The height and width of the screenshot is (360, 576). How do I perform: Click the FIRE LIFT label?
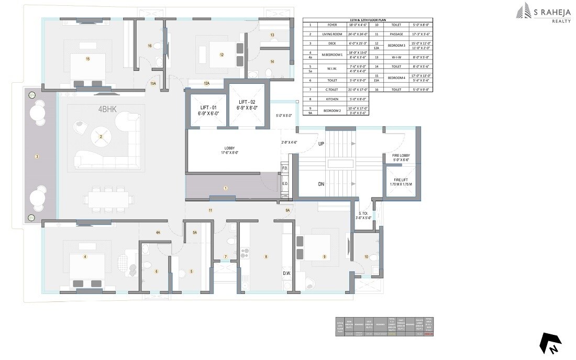[x=401, y=181]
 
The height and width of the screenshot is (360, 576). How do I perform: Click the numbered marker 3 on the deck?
[x=37, y=156]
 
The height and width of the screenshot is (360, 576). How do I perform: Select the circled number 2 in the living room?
[x=101, y=137]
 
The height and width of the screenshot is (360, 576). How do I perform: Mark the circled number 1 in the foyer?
[x=226, y=188]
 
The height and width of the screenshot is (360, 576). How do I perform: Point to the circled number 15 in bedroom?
[x=88, y=59]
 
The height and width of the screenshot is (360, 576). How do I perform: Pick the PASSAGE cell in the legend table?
[x=396, y=34]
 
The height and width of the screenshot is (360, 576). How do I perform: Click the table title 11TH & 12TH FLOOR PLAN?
[x=369, y=19]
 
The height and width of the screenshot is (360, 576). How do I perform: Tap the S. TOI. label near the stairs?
[x=363, y=215]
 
